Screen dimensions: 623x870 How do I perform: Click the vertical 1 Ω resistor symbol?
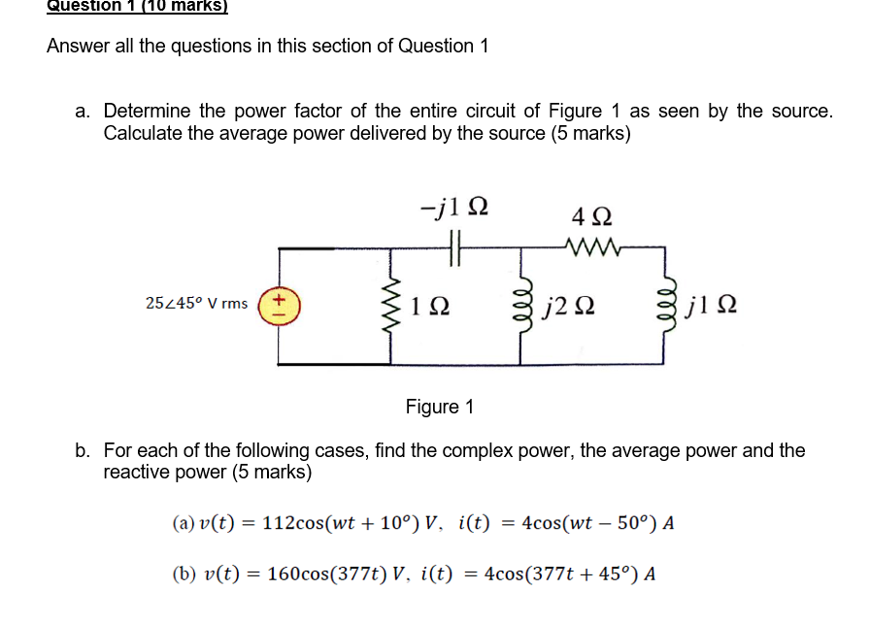pos(392,304)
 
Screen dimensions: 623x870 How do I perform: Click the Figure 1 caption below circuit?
pos(439,407)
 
